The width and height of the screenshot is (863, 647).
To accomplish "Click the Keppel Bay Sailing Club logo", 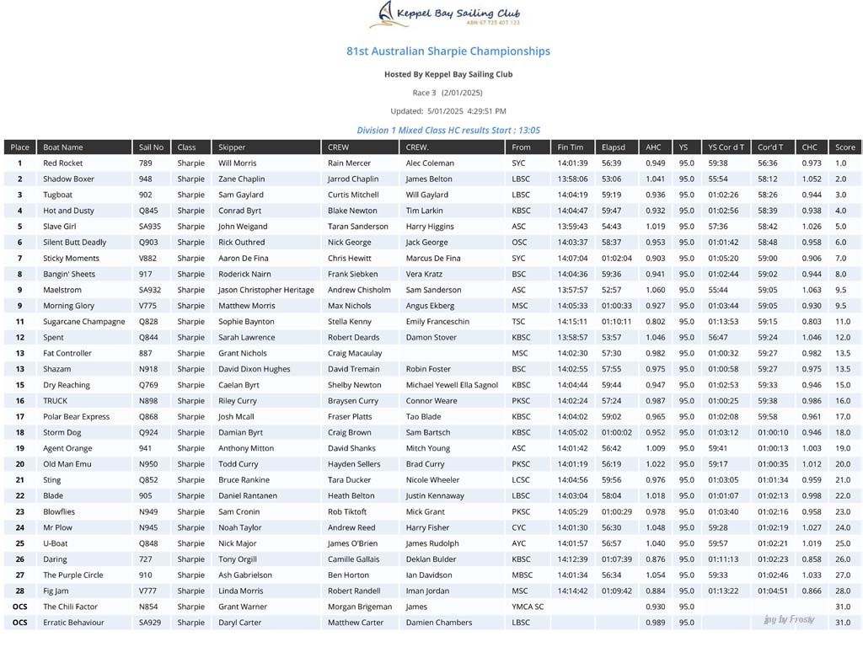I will pyautogui.click(x=448, y=15).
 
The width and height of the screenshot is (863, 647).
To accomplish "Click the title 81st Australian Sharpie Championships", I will pyautogui.click(x=448, y=51).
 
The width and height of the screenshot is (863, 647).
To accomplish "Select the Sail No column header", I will pyautogui.click(x=152, y=147).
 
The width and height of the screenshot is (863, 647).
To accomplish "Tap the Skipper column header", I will pyautogui.click(x=232, y=147).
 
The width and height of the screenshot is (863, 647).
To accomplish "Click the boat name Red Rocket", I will pyautogui.click(x=63, y=163).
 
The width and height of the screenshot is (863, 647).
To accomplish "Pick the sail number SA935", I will pyautogui.click(x=150, y=227).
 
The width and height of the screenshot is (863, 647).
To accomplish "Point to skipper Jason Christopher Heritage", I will pyautogui.click(x=265, y=290).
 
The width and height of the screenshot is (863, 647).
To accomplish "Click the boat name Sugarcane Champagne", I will pyautogui.click(x=84, y=322).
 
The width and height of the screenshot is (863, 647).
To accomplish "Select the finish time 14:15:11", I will pyautogui.click(x=572, y=322).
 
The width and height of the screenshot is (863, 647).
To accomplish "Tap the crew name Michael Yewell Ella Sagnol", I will pyautogui.click(x=452, y=385).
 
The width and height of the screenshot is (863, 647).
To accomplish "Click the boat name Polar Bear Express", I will pyautogui.click(x=77, y=417).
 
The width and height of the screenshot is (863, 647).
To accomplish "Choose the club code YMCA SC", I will pyautogui.click(x=528, y=607).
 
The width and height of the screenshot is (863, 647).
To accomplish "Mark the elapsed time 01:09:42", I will pyautogui.click(x=617, y=591).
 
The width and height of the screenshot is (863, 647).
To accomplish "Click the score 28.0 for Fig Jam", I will pyautogui.click(x=843, y=591).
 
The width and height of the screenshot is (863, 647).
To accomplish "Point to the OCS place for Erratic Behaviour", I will pyautogui.click(x=20, y=623).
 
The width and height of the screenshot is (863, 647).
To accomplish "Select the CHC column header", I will pyautogui.click(x=809, y=147).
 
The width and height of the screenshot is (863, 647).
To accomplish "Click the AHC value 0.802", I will pyautogui.click(x=655, y=322).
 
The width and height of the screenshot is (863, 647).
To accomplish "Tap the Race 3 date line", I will pyautogui.click(x=448, y=93).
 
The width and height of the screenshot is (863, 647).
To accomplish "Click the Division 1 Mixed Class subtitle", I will pyautogui.click(x=448, y=131).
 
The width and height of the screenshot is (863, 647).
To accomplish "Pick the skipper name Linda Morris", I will pyautogui.click(x=241, y=591).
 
